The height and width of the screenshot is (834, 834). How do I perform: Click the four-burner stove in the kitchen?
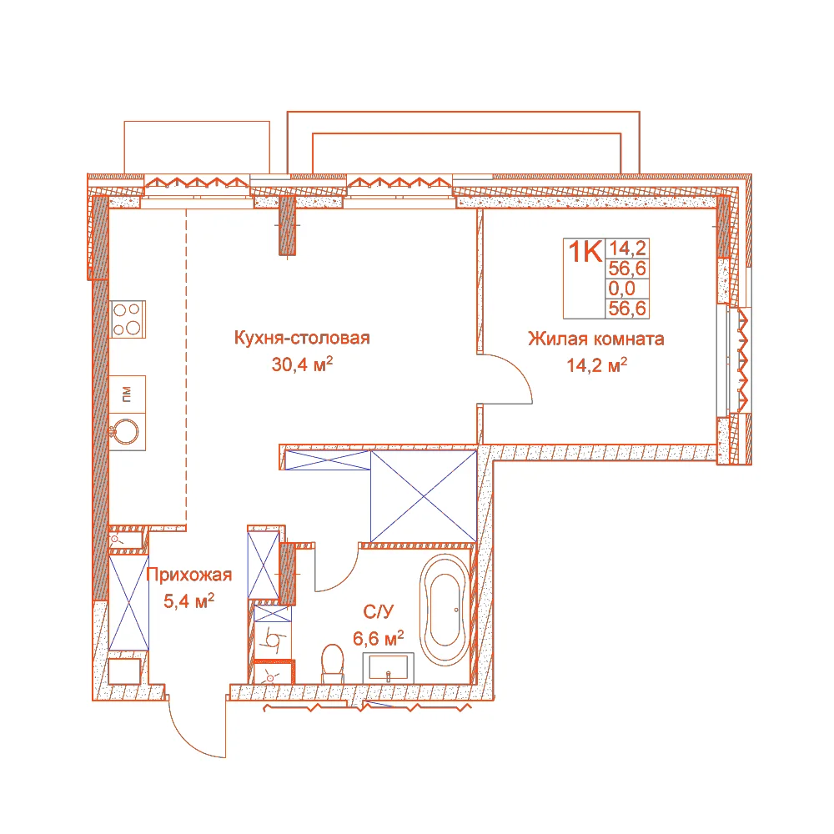128,319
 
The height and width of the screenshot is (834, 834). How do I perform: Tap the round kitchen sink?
126,431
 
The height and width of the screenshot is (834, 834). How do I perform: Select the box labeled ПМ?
127,394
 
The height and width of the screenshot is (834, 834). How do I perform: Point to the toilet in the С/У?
333,663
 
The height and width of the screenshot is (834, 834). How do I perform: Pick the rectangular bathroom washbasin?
389,668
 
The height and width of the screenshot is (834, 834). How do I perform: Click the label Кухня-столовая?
302,338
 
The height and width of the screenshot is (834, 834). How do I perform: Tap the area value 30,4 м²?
302,364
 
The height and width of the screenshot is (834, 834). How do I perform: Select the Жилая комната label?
596,339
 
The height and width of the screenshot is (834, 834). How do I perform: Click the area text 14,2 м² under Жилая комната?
597,365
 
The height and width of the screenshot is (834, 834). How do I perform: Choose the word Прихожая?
188,575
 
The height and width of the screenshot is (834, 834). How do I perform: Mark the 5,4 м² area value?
188,601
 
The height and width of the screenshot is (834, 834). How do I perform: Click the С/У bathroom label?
378,611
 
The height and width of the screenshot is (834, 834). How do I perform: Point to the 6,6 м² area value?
378,638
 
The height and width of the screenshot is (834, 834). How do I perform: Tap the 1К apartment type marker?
585,251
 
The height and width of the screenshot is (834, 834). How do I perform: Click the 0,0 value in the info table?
622,289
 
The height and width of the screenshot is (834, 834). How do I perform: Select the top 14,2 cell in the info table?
628,249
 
